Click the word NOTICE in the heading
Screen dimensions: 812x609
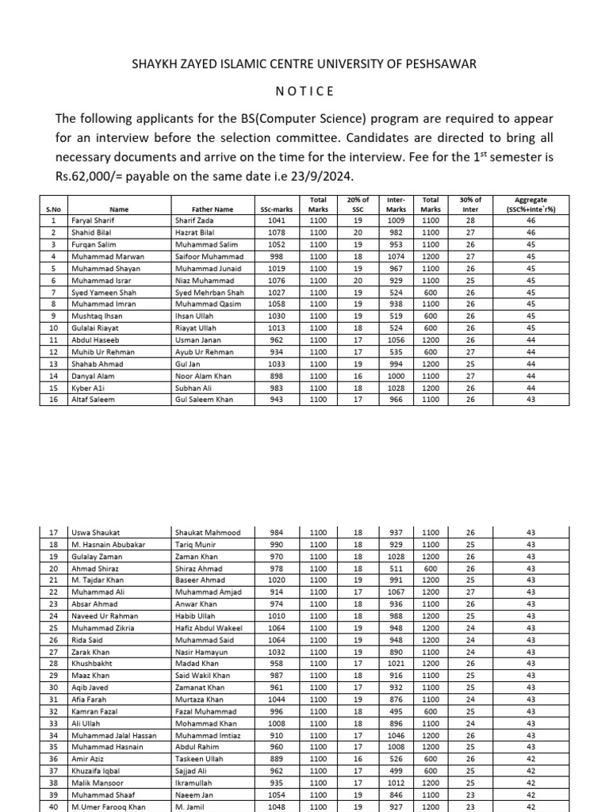pyautogui.click(x=304, y=91)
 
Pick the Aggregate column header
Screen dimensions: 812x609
pyautogui.click(x=530, y=205)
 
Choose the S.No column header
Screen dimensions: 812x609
pyautogui.click(x=53, y=209)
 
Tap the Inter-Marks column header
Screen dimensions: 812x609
pyautogui.click(x=395, y=205)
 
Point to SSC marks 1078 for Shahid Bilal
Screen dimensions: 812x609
pyautogui.click(x=276, y=232)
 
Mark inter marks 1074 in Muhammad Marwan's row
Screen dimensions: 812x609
pyautogui.click(x=395, y=257)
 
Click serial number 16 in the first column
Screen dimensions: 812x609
pyautogui.click(x=53, y=400)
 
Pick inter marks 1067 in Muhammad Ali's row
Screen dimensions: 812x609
pyautogui.click(x=395, y=592)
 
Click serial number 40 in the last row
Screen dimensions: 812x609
pyautogui.click(x=53, y=806)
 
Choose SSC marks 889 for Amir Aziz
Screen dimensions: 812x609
pyautogui.click(x=276, y=759)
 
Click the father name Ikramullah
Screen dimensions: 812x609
pyautogui.click(x=197, y=783)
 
